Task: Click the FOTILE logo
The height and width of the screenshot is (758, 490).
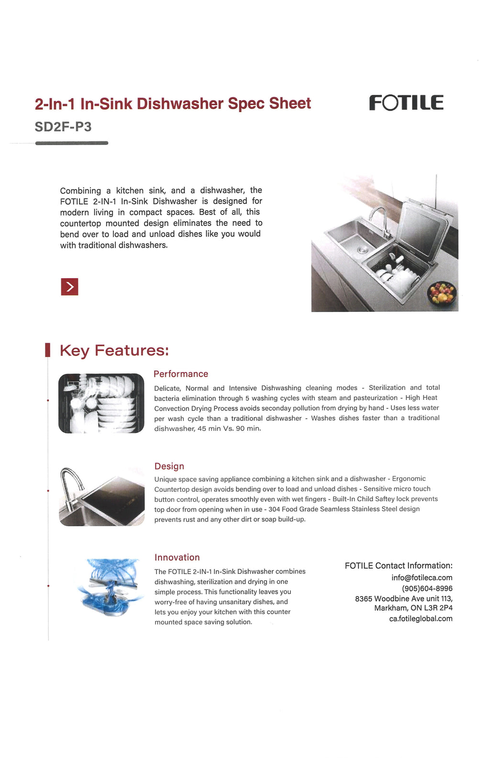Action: click(406, 102)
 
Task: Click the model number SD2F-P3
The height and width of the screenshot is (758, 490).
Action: click(63, 127)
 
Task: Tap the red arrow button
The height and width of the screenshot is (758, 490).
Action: click(69, 287)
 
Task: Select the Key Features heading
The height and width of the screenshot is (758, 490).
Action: click(114, 350)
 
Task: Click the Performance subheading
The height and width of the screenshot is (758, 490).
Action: click(181, 374)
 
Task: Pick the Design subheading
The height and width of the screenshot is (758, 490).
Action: click(169, 466)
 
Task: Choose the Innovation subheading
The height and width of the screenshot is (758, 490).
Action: click(177, 557)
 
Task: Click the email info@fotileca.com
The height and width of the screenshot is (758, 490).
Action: click(422, 577)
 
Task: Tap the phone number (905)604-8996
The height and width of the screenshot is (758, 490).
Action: click(427, 588)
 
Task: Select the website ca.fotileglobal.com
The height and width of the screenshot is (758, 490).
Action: click(421, 619)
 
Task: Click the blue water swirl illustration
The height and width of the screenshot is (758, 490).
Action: click(110, 587)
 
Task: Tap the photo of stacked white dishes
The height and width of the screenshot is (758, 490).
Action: click(101, 403)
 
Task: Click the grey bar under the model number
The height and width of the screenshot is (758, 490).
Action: click(72, 143)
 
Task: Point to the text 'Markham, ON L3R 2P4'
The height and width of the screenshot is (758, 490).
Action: click(413, 608)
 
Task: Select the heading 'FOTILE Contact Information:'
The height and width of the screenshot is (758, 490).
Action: click(399, 566)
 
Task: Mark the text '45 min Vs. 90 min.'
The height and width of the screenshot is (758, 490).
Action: click(229, 429)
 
